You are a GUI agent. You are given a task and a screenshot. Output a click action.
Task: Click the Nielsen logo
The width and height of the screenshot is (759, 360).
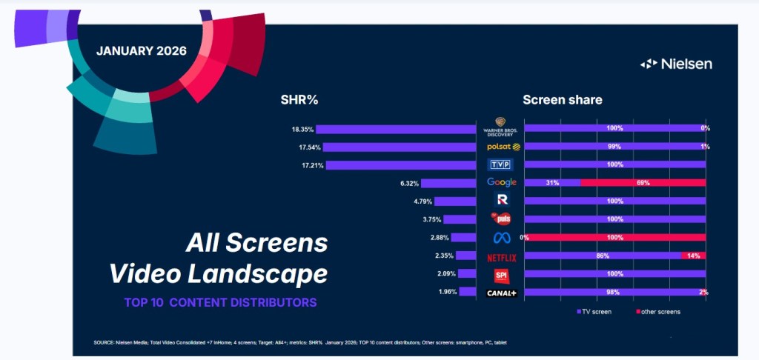(x=675, y=64)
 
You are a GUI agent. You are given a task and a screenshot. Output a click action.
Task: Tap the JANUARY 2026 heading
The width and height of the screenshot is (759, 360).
(x=141, y=51)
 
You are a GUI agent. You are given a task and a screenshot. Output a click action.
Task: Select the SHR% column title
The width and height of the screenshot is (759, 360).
(x=299, y=100)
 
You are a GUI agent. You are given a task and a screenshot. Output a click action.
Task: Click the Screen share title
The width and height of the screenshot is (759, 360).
(x=562, y=100)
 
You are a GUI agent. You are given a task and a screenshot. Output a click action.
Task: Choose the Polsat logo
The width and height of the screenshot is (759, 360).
(x=502, y=147)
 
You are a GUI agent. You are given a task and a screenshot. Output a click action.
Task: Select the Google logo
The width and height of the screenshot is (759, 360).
(x=502, y=182)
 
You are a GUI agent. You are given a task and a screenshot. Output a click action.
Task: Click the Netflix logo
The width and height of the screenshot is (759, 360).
(x=502, y=257)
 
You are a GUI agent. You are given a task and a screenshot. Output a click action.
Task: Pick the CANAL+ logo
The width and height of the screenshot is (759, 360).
(x=502, y=292)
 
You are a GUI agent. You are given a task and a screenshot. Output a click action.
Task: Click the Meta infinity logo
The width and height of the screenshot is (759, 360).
(x=502, y=238)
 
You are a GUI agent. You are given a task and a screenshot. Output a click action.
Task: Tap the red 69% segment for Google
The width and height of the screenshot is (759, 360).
(x=643, y=182)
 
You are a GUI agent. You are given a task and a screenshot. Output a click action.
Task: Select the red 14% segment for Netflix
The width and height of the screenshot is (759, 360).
(x=693, y=256)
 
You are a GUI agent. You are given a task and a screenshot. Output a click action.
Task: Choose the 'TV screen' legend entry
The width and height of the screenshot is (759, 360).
(x=594, y=312)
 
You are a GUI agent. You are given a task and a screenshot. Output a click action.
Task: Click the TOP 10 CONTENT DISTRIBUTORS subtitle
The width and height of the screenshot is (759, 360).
(x=221, y=302)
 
